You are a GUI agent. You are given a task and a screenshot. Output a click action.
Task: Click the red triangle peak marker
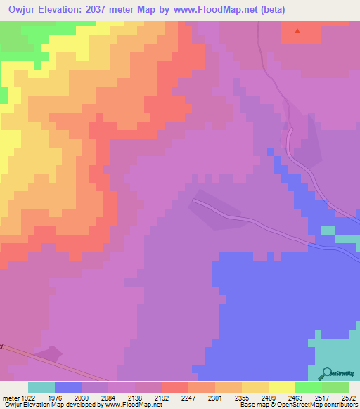(x=297, y=31)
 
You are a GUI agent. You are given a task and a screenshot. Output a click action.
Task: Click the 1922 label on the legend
(x=27, y=397)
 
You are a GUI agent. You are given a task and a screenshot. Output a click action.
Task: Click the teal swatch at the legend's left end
(x=41, y=387)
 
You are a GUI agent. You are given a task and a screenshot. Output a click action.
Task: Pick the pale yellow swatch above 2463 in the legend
(x=282, y=387)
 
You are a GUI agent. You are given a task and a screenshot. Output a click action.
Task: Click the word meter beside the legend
(x=8, y=397)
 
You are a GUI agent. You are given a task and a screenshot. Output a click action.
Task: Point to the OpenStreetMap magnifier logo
(x=327, y=373)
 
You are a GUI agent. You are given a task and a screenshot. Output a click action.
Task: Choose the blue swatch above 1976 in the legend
(x=68, y=387)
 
